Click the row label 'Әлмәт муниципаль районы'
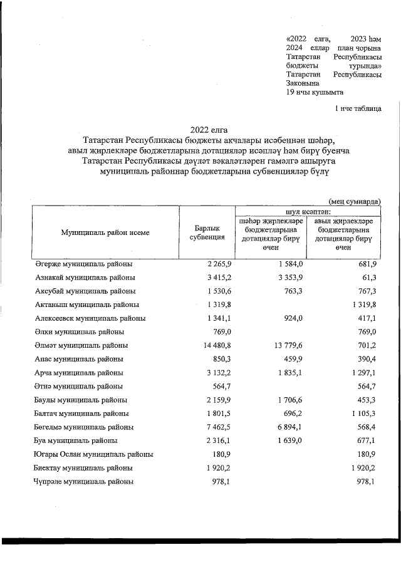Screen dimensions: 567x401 tap(82, 345)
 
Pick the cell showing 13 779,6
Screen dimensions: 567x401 tap(286, 345)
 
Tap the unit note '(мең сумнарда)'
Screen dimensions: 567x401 tap(355, 200)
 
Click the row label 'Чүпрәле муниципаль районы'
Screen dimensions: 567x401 tap(83, 482)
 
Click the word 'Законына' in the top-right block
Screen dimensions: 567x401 tap(302, 83)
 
